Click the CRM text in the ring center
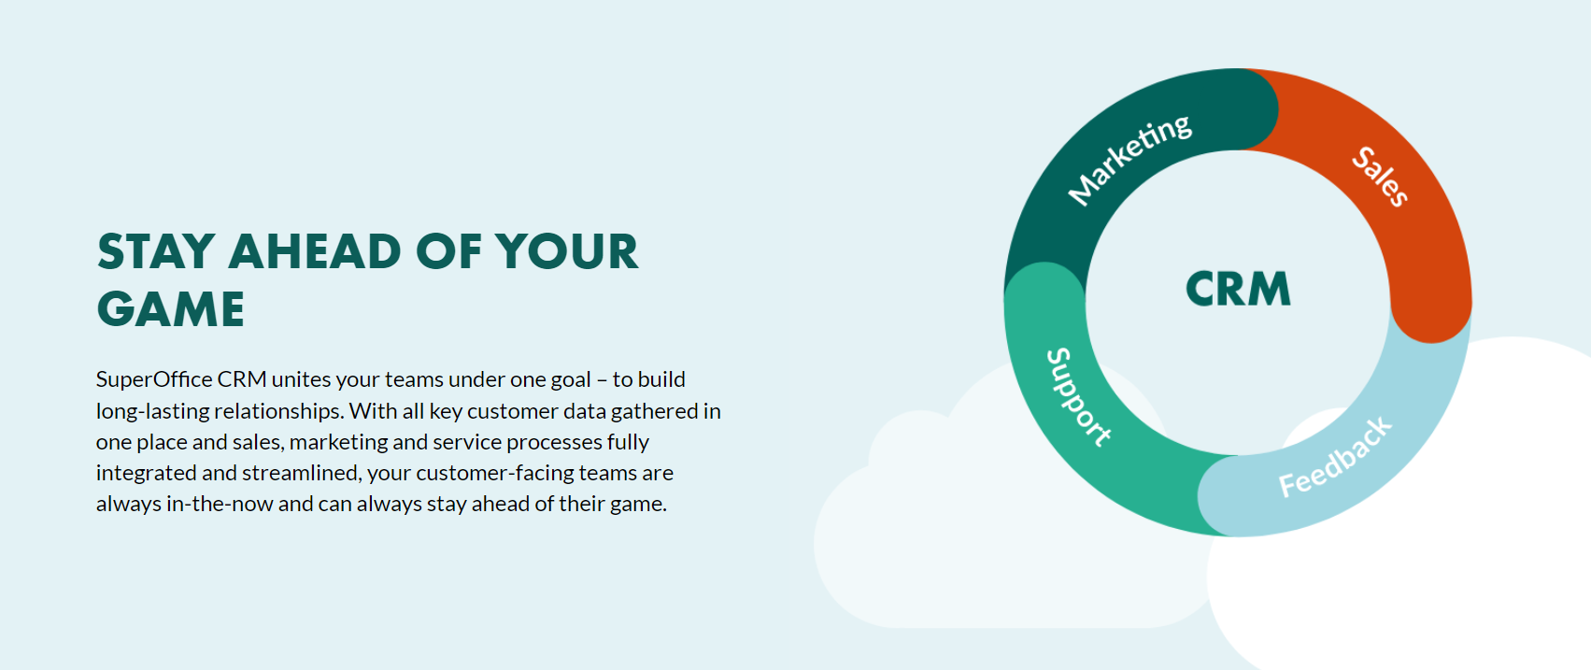(x=1238, y=289)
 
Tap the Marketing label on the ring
(x=1129, y=159)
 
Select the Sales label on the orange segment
(x=1380, y=176)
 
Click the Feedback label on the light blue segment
(x=1335, y=458)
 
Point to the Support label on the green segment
(x=1078, y=397)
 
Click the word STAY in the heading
(x=157, y=252)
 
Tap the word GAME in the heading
(x=171, y=310)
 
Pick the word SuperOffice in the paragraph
(x=154, y=379)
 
